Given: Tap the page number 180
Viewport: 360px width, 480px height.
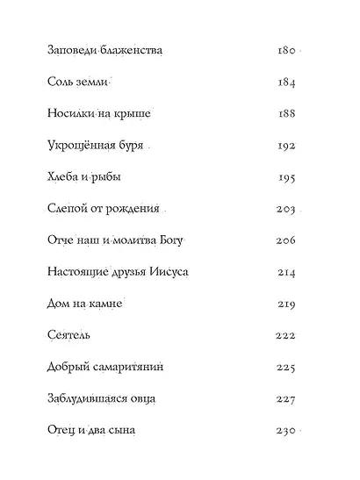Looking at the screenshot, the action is coord(287,51).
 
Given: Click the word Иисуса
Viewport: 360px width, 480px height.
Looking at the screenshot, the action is coord(169,272).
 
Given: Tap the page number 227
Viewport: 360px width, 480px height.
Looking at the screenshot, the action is coord(287,398).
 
